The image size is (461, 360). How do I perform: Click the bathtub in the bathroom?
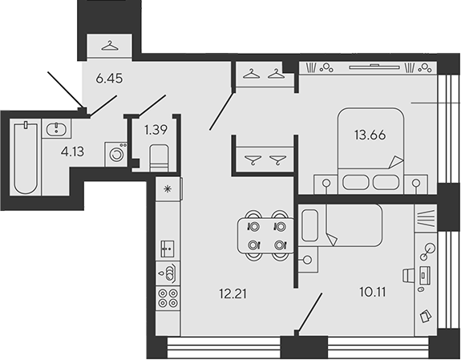click(x=26, y=157)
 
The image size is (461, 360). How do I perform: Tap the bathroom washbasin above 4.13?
click(x=56, y=129)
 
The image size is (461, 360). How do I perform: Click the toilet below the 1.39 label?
click(x=158, y=154)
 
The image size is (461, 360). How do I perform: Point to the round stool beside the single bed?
click(x=307, y=260)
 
